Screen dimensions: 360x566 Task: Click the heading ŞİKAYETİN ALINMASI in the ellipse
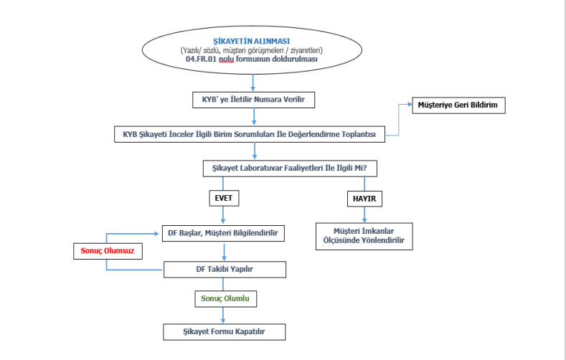(x=252, y=42)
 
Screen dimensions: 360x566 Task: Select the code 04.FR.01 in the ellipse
(x=202, y=60)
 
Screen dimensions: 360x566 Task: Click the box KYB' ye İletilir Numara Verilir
(x=253, y=99)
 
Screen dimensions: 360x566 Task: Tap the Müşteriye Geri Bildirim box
(x=458, y=106)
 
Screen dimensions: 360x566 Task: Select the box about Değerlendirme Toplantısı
(x=250, y=134)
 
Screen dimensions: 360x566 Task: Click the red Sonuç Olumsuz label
(x=108, y=252)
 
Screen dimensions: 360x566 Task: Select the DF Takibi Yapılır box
(x=225, y=270)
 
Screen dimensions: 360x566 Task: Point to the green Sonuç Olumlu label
(x=225, y=297)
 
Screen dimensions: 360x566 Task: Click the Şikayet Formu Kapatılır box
(x=225, y=332)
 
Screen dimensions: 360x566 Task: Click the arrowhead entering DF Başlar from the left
(x=160, y=233)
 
